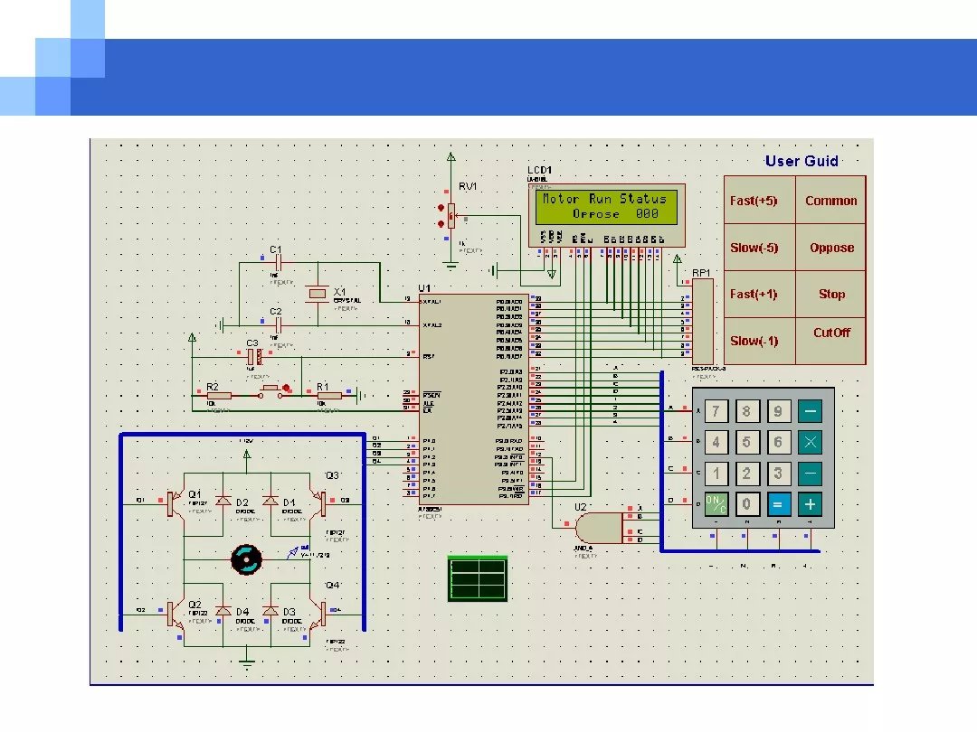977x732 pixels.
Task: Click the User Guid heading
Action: click(x=802, y=162)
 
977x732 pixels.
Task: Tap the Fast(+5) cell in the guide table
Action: click(x=754, y=201)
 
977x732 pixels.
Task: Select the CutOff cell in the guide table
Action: click(x=831, y=333)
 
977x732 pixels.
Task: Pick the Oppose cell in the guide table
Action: click(x=831, y=248)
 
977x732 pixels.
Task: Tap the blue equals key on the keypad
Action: click(x=777, y=504)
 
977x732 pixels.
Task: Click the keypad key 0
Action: click(x=747, y=504)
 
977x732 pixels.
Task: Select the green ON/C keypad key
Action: click(x=716, y=504)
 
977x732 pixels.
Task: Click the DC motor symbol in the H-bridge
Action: click(x=245, y=559)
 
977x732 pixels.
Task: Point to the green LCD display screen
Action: click(x=608, y=206)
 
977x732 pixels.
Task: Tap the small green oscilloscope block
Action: click(x=477, y=578)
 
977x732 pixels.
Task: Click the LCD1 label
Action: click(x=540, y=171)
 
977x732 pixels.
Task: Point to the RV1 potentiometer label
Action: click(x=468, y=187)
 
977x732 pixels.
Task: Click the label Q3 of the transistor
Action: click(x=332, y=475)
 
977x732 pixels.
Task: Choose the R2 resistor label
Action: click(x=213, y=386)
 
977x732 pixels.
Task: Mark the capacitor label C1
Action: click(x=276, y=249)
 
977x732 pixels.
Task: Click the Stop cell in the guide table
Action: click(x=831, y=294)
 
